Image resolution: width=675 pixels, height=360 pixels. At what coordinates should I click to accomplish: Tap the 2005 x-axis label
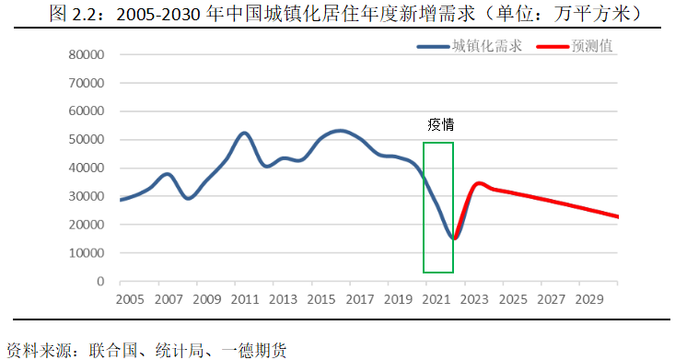[x=130, y=300]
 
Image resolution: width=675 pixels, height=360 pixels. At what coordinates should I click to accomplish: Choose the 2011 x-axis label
[x=245, y=300]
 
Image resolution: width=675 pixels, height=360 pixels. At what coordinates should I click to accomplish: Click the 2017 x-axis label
[x=360, y=300]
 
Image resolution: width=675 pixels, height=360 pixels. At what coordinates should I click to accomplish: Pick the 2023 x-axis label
[x=475, y=300]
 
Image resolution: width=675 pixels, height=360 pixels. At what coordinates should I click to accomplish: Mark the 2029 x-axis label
[x=589, y=300]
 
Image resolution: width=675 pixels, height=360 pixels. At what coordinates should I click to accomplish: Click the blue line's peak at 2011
[x=243, y=134]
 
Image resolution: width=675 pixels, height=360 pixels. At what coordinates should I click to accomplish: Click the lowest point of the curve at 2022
[x=454, y=238]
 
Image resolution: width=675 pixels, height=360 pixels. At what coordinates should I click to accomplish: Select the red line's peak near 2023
[x=478, y=183]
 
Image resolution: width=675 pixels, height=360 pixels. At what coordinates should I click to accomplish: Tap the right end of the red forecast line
[x=618, y=217]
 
